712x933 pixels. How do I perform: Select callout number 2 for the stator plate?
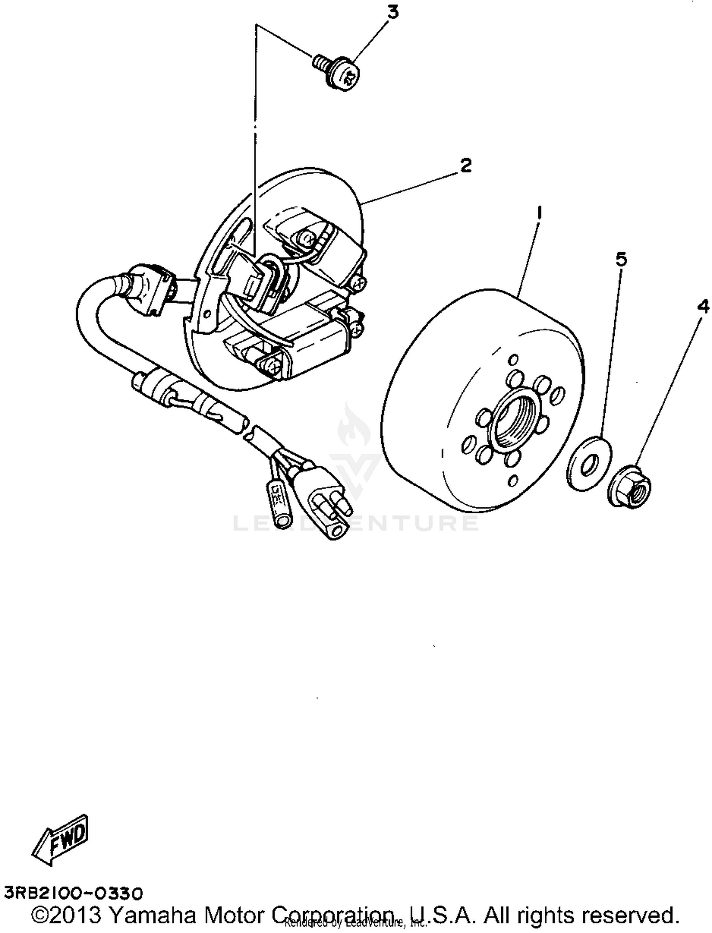click(x=466, y=166)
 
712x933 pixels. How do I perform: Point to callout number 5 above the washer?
click(x=621, y=259)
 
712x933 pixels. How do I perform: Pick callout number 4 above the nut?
click(x=703, y=307)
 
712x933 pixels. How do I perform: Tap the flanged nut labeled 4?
click(x=630, y=486)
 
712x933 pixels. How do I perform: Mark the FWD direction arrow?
click(x=62, y=839)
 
